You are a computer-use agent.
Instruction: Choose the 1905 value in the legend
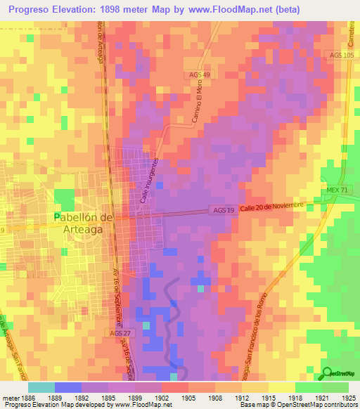tap(188, 397)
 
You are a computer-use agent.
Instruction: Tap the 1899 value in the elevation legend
tap(135, 397)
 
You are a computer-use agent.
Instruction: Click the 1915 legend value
tap(268, 397)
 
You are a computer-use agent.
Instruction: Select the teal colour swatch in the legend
tap(41, 387)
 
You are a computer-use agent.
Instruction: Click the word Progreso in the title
tap(26, 10)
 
